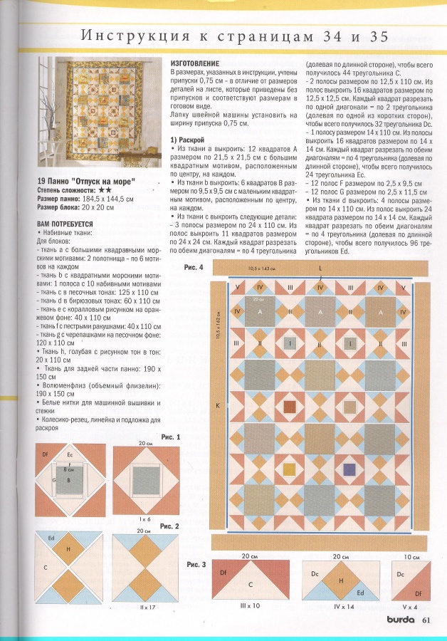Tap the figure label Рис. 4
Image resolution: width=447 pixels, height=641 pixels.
tap(193, 267)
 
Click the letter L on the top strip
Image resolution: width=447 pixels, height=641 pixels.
tap(320, 268)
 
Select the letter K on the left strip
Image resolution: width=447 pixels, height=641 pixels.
tap(219, 405)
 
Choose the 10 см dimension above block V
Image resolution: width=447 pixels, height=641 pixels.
tap(410, 555)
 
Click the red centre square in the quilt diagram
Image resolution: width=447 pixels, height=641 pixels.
tap(290, 407)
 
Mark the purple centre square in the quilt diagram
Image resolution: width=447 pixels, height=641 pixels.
tap(349, 469)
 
